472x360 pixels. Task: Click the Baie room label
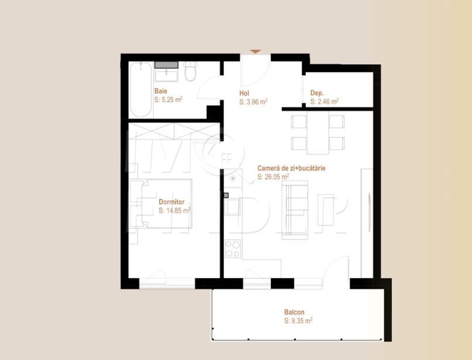[x=161, y=91]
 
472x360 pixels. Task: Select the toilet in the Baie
[x=190, y=73]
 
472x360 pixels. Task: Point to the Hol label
[x=244, y=93]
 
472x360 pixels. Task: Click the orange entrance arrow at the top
[x=256, y=52]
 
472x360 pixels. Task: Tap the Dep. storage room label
[x=317, y=93]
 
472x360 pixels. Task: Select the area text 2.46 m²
[x=325, y=101]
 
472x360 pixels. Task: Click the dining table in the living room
[x=318, y=132]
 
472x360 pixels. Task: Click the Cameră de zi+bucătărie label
[x=291, y=168]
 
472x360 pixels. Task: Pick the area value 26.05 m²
[x=273, y=176]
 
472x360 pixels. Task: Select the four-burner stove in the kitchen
[x=233, y=249]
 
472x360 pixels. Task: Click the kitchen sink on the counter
[x=232, y=207]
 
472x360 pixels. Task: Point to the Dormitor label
[x=171, y=202]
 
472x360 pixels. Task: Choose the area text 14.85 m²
[x=174, y=210]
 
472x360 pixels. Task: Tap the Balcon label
[x=294, y=313]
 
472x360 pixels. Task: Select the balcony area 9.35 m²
[x=298, y=321]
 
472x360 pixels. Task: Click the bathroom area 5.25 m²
[x=168, y=100]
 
